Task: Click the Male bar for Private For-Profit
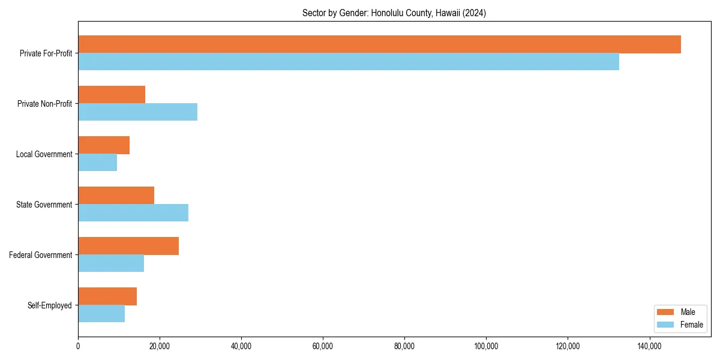tap(379, 44)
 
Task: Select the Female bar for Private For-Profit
tap(349, 62)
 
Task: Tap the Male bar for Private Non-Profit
tap(112, 95)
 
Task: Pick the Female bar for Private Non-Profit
tap(137, 112)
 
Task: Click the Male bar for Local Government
tap(104, 145)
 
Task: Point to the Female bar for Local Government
tap(97, 163)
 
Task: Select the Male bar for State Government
tap(116, 196)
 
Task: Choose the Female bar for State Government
tap(133, 213)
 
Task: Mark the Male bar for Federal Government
tap(128, 246)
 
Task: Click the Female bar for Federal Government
tap(111, 263)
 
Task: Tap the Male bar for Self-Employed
tap(107, 296)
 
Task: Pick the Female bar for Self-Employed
tap(101, 314)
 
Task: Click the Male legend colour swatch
tap(666, 312)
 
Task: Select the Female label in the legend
tap(691, 325)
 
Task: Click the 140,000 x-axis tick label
tap(649, 346)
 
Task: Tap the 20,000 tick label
tap(160, 346)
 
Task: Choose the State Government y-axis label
tap(44, 205)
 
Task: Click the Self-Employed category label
tap(50, 305)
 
